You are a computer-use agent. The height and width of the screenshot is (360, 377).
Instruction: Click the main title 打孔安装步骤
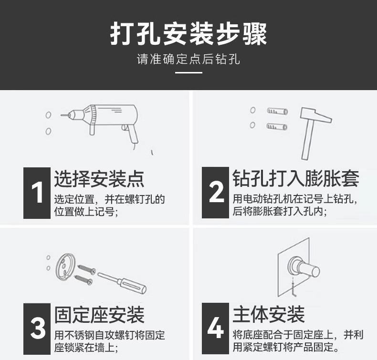(188, 34)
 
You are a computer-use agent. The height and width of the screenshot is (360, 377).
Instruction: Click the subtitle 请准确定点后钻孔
(188, 59)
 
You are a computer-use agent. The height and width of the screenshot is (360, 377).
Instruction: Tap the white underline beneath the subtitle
(188, 72)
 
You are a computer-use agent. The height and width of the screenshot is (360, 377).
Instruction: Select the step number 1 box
(37, 193)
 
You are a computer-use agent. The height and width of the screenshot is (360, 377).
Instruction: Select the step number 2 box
(215, 193)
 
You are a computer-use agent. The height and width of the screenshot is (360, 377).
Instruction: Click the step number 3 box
(37, 329)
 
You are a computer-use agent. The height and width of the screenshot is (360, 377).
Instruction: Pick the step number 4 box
(215, 329)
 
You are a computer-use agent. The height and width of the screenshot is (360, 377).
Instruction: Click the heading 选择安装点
(99, 179)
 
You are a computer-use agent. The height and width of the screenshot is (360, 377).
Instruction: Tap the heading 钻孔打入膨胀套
(296, 178)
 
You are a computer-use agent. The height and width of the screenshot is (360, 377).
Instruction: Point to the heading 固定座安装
(99, 315)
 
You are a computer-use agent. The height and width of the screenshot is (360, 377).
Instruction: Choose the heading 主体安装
(269, 314)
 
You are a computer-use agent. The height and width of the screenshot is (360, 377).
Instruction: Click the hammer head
(316, 115)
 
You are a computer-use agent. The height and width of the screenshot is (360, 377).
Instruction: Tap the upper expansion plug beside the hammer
(277, 111)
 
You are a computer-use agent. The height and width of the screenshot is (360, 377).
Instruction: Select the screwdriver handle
(132, 285)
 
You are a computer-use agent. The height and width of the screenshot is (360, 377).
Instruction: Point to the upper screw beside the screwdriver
(87, 269)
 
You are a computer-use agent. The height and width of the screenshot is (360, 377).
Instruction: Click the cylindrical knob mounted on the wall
(308, 268)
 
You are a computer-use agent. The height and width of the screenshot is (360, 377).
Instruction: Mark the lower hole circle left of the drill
(48, 131)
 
